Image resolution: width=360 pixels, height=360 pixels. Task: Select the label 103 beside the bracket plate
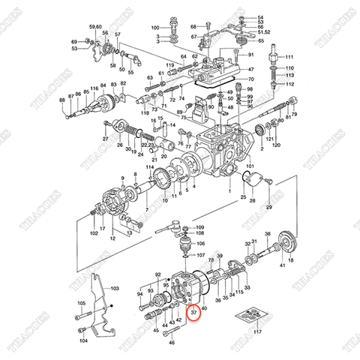pos(115,288)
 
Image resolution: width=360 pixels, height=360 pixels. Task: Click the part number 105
pos(81,303)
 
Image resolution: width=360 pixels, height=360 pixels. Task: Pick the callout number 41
pos(282,265)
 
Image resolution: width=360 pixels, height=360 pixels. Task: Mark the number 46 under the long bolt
pos(171,343)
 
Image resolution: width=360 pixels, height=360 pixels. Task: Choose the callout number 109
pos(199,227)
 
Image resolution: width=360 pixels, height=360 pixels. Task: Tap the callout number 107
pos(199,255)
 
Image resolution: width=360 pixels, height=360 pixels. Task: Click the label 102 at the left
pos(94,233)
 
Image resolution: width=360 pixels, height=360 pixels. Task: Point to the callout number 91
pos(251,55)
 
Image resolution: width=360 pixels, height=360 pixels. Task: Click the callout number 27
pos(106,140)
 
